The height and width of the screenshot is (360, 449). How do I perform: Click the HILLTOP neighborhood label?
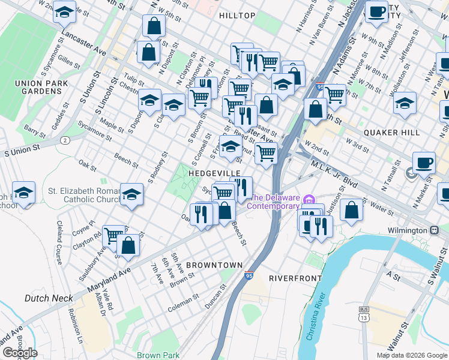(x=237, y=15)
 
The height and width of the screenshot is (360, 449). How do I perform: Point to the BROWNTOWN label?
(x=214, y=265)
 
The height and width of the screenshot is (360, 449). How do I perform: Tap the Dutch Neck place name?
(x=49, y=298)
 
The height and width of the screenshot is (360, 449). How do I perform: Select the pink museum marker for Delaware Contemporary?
(x=309, y=200)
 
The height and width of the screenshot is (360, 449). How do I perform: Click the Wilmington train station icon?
(x=433, y=230)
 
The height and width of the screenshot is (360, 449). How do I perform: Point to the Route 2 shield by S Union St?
(x=64, y=140)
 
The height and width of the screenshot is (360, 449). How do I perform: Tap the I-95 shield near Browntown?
(x=249, y=276)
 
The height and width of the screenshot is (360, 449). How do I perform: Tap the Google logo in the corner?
(x=20, y=353)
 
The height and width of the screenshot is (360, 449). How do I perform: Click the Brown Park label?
(x=157, y=355)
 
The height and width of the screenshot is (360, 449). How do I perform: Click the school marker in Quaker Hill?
(x=405, y=103)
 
